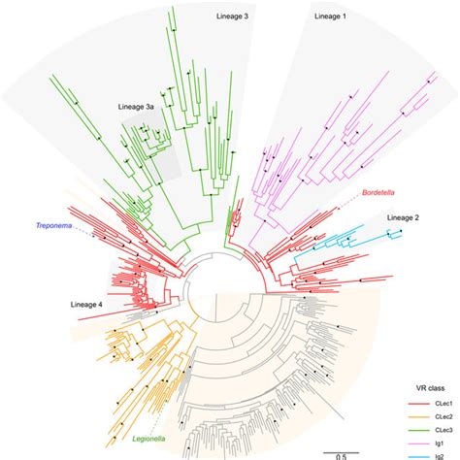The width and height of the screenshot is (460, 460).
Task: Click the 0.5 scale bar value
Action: (x=342, y=454)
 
